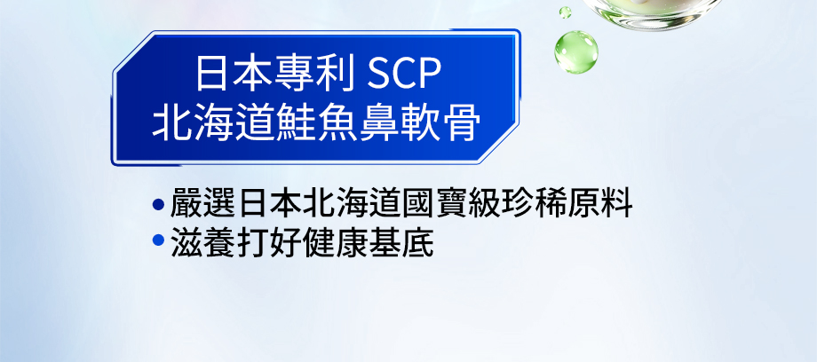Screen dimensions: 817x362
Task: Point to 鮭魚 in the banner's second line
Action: (316, 123)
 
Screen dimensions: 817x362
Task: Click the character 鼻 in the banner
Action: (378, 123)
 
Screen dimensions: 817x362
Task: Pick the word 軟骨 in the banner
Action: (440, 123)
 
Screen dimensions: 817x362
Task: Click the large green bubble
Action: (575, 51)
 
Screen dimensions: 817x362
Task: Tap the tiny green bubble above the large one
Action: (565, 12)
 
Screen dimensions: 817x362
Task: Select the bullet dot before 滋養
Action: (158, 240)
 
